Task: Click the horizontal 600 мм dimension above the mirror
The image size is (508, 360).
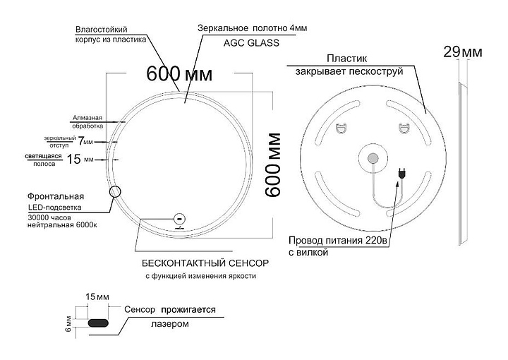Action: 179,74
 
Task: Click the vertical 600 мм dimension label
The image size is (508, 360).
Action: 273,164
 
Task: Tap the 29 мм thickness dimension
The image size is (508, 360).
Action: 463,52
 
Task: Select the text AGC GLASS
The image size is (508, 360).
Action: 251,43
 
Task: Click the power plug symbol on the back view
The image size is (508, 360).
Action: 402,174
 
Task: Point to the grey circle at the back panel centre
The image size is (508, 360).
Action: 373,158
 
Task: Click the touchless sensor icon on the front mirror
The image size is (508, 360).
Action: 179,219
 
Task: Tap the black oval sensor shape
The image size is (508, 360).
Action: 98,323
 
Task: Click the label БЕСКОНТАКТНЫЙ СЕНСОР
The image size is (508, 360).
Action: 205,263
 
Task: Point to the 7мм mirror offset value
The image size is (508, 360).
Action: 85,141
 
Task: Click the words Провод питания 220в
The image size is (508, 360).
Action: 338,241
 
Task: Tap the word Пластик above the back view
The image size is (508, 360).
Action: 347,59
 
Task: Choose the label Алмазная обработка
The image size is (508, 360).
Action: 87,122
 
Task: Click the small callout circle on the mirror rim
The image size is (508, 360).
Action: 115,192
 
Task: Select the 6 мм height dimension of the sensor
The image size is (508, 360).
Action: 68,323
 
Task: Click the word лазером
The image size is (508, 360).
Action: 170,324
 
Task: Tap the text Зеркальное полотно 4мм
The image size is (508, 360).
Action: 252,28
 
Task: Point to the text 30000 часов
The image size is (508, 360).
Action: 49,217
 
